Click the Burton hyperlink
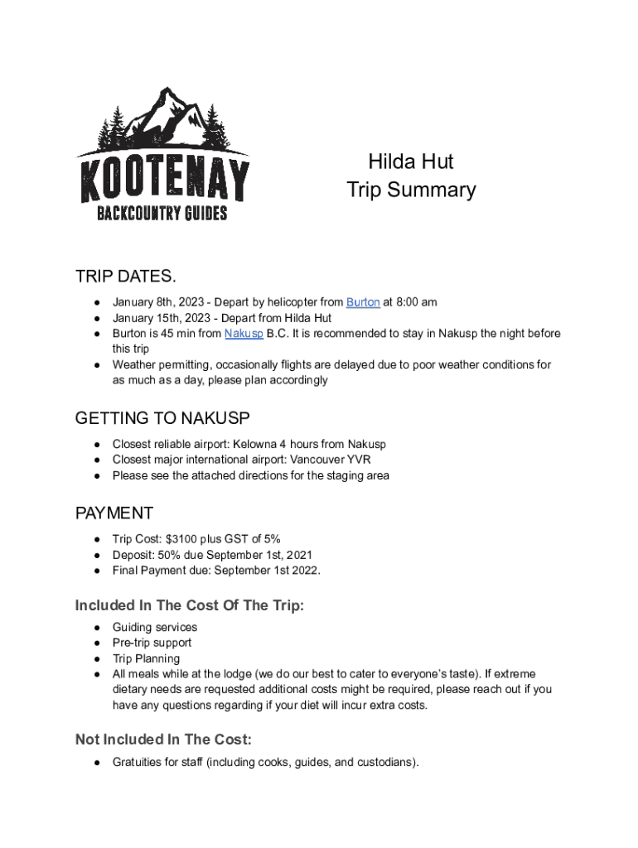pyautogui.click(x=363, y=302)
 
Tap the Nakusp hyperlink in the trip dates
pyautogui.click(x=244, y=334)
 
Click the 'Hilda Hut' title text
pyautogui.click(x=411, y=161)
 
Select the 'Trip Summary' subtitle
pyautogui.click(x=411, y=190)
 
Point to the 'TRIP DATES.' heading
pyautogui.click(x=125, y=276)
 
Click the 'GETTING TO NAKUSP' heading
pyautogui.click(x=162, y=418)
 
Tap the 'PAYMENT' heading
pyautogui.click(x=114, y=513)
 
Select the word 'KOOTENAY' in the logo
pyautogui.click(x=164, y=181)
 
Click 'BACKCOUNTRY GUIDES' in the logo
pyautogui.click(x=162, y=214)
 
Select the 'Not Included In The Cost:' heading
pyautogui.click(x=163, y=739)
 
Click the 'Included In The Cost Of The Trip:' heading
pyautogui.click(x=190, y=605)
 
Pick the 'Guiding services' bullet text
pyautogui.click(x=155, y=627)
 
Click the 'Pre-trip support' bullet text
pyautogui.click(x=152, y=643)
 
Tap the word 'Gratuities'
pyautogui.click(x=140, y=762)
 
